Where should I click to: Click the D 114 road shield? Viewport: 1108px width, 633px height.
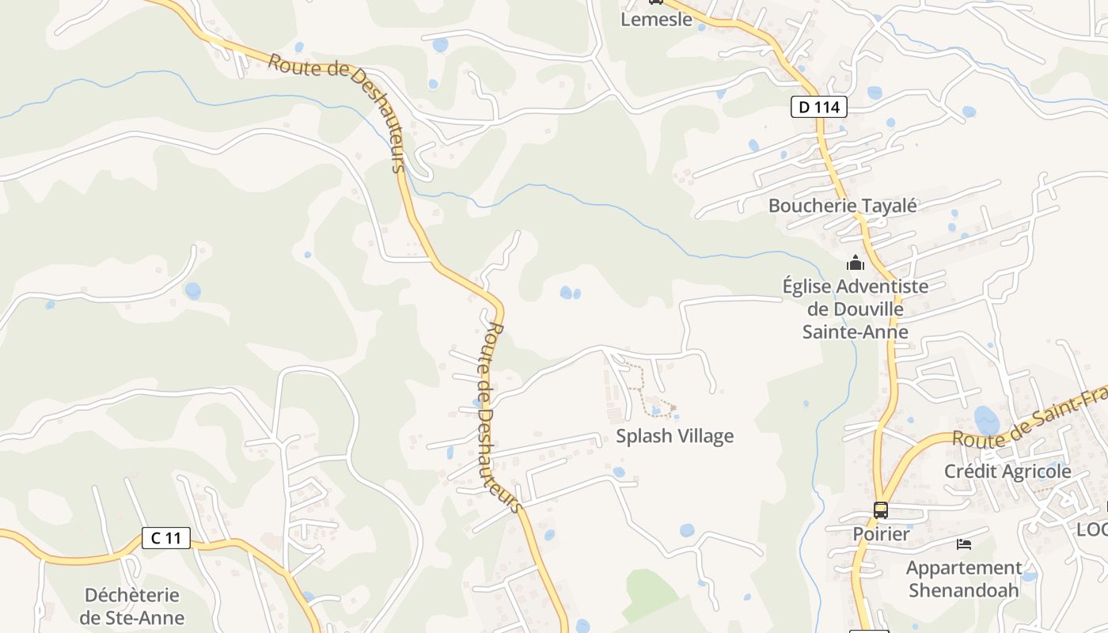coord(819,107)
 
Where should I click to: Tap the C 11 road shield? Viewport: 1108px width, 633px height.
coord(166,538)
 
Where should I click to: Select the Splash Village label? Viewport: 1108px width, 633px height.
coord(675,436)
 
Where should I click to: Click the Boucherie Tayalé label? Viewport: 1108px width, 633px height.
coord(843,206)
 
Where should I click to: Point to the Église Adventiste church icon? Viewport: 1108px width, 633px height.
coord(856,263)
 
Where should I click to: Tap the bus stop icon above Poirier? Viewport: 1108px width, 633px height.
coord(881,510)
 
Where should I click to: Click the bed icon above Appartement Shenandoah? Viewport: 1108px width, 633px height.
coord(964,544)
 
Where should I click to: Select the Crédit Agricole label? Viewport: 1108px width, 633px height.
coord(1007,472)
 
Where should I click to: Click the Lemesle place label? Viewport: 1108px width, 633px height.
coord(656,20)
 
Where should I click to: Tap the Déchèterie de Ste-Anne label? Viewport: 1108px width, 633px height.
coord(134,606)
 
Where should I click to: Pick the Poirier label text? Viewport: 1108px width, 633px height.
coord(881,534)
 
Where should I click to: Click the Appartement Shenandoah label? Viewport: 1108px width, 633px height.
coord(964,578)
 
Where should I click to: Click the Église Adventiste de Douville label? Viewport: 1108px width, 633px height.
coord(855,309)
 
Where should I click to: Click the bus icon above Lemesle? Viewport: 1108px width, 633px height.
coord(655,2)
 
